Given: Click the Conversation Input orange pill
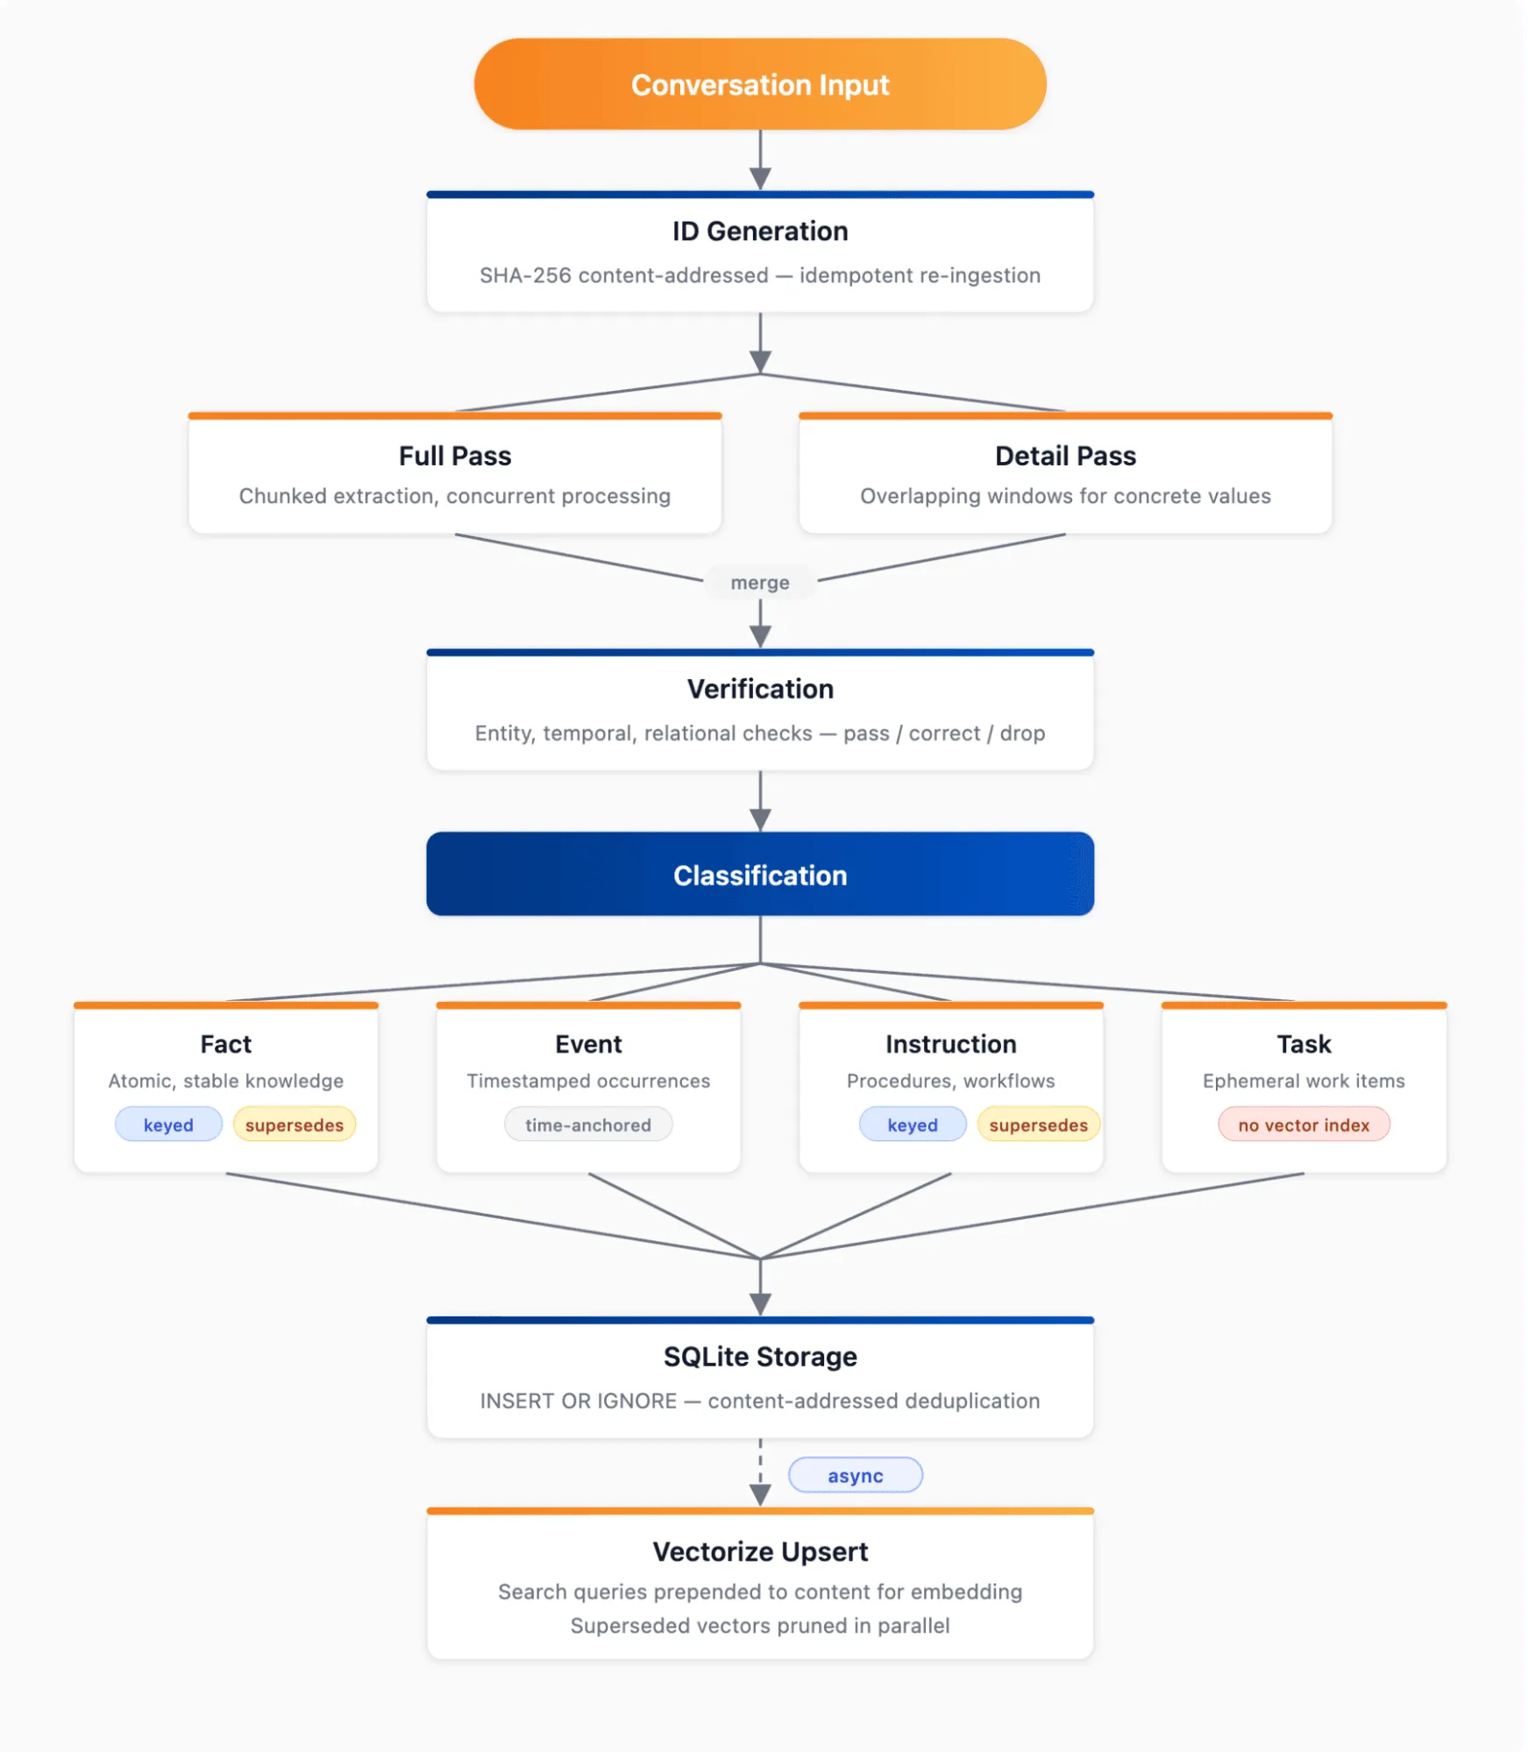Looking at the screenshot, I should click(760, 84).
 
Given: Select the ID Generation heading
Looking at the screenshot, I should click(760, 231).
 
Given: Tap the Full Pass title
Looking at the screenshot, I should click(455, 456).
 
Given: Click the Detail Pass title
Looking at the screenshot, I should click(1065, 456).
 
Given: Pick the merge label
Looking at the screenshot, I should click(760, 583).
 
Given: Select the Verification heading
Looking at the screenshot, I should click(760, 689).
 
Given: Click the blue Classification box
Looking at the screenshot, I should click(760, 875).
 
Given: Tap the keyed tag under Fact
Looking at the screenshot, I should click(168, 1124).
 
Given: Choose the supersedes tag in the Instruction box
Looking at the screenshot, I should click(1038, 1124).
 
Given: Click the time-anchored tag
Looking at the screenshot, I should click(588, 1124).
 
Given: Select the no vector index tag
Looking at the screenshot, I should click(1304, 1124).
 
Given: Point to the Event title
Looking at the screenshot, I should click(588, 1044).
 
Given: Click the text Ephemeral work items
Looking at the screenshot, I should click(1304, 1081).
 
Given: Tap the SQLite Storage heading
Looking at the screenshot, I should click(760, 1357).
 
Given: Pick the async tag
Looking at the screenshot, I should click(856, 1475).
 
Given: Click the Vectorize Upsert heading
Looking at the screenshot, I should click(760, 1551).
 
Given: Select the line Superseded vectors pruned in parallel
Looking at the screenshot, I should click(760, 1626).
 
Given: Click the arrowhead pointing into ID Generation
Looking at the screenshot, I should click(760, 179).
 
